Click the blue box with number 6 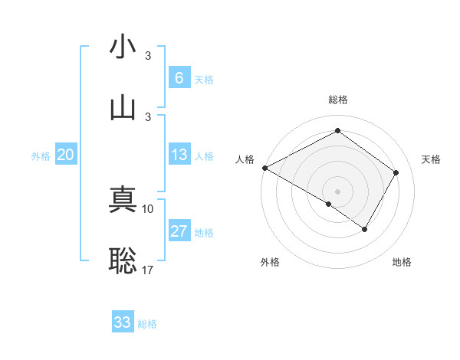point(179,78)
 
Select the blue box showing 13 point(179,155)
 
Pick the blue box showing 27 point(179,231)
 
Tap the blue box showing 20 point(66,155)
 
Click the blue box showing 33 point(123,322)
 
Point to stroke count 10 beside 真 point(148,208)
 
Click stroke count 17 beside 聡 point(148,269)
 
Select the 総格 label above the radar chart point(337,100)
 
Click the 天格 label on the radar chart point(432,159)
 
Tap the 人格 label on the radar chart point(245,159)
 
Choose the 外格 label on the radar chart point(270,262)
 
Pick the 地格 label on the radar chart point(402,262)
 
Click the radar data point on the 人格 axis point(264,168)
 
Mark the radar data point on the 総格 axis point(337,131)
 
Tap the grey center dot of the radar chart point(337,191)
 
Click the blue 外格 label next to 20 point(41,155)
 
